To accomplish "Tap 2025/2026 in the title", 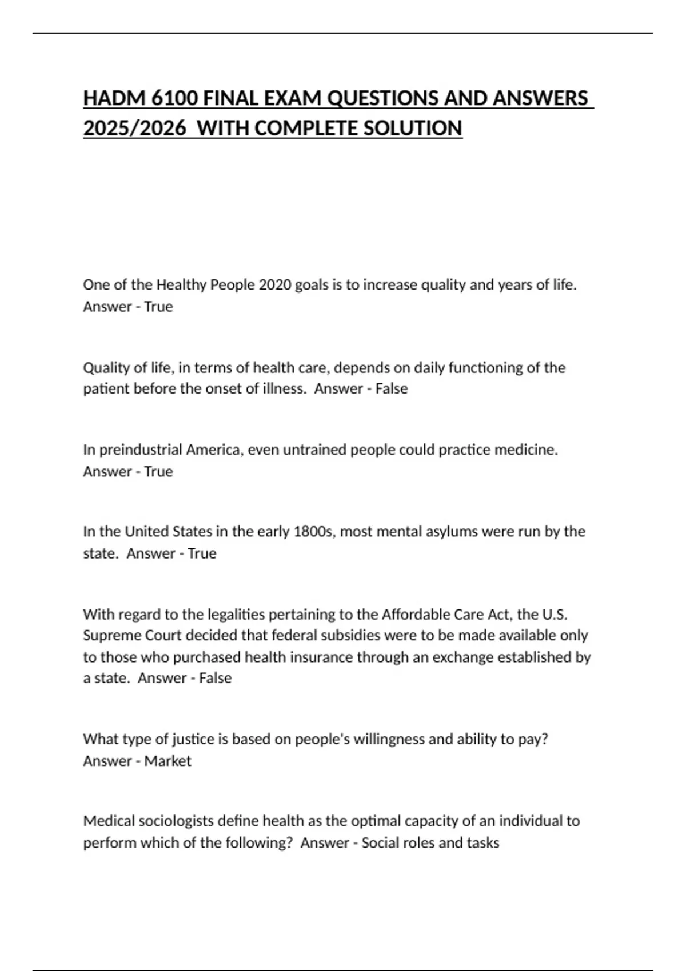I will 134,129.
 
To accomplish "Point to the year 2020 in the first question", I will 275,284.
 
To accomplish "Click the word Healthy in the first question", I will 181,284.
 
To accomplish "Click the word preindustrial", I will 141,450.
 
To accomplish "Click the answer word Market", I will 167,761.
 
